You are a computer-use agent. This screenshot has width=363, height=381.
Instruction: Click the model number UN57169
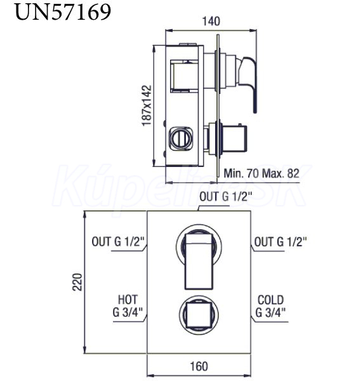[63, 12]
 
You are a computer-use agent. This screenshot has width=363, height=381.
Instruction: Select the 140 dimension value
[211, 22]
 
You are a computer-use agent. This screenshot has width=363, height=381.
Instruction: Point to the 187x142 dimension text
[147, 105]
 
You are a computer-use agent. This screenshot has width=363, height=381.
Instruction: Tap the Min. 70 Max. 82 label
[261, 173]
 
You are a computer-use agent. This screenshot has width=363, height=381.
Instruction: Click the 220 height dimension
[77, 282]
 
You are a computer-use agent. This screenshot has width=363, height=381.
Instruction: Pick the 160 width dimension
[199, 366]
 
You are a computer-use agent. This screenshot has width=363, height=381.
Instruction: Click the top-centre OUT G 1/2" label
[225, 197]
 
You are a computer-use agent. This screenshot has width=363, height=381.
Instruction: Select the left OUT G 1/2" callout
[118, 242]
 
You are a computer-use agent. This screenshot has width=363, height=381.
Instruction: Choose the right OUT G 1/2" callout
[280, 242]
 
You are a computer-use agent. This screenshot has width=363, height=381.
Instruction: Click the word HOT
[128, 300]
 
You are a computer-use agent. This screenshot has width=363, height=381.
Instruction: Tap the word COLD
[270, 300]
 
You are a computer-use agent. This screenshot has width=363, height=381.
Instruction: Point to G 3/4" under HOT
[128, 312]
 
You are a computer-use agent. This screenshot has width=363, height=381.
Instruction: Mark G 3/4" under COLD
[270, 312]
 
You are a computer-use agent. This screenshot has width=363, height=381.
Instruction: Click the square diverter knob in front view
[199, 315]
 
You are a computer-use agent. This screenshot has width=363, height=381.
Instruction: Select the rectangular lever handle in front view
[199, 262]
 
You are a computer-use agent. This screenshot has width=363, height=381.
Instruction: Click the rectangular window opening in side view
[183, 76]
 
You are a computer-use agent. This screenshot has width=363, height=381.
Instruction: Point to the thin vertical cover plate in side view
[218, 105]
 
